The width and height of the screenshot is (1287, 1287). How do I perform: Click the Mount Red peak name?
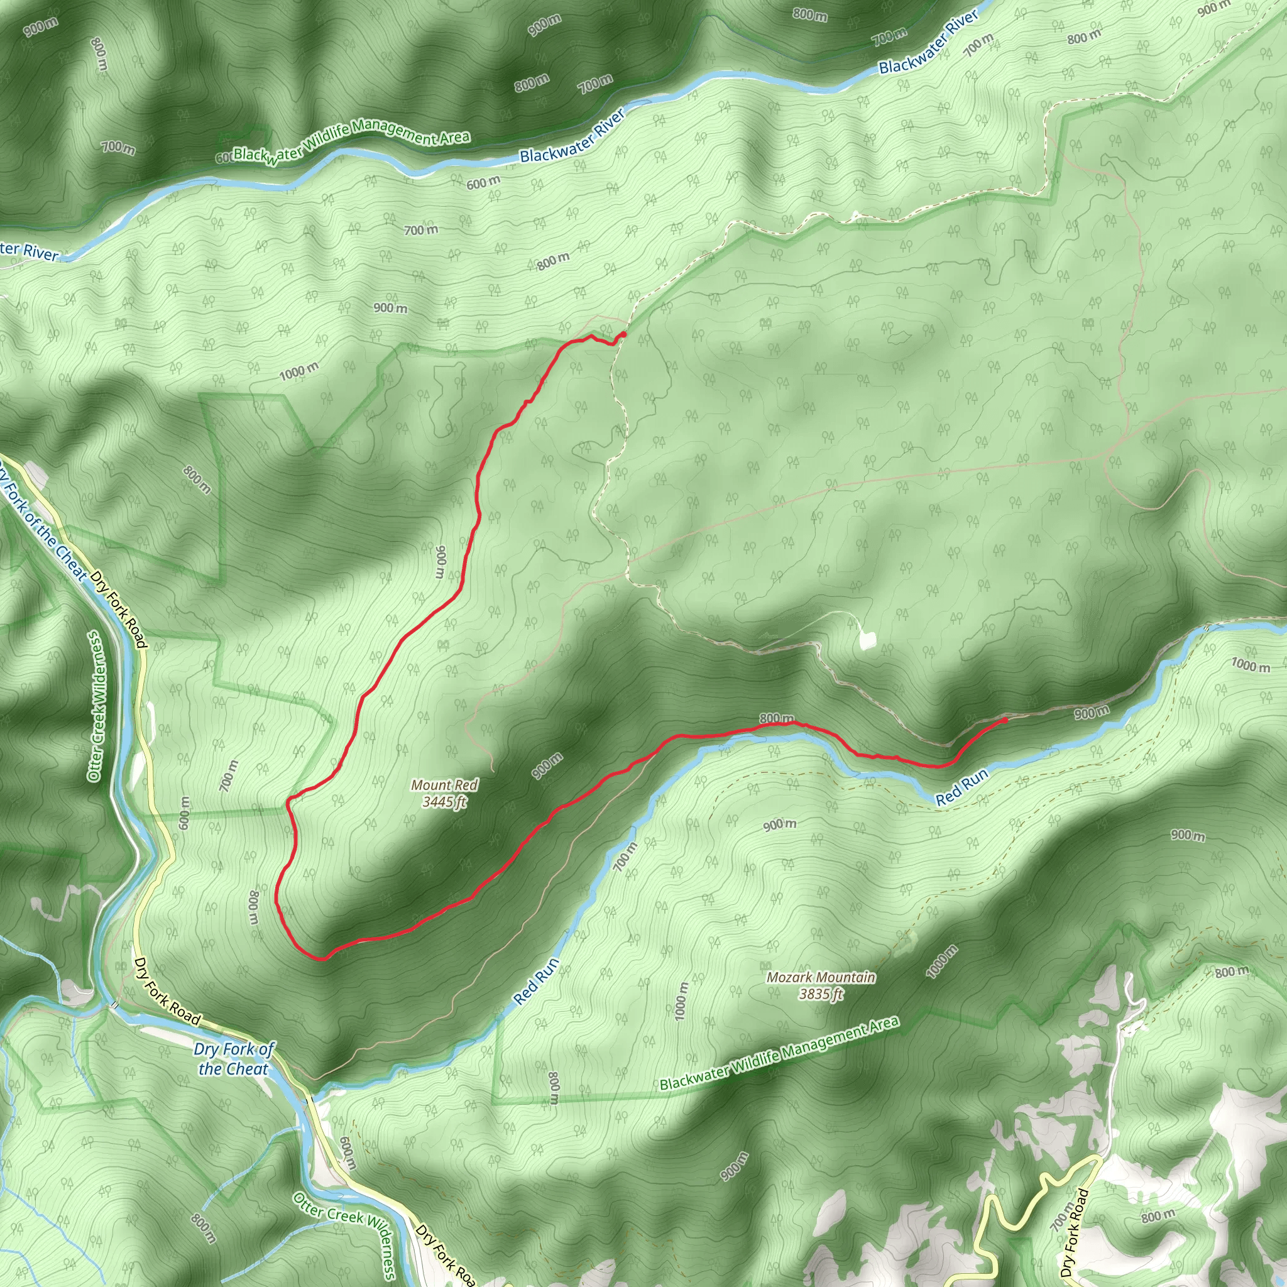point(444,786)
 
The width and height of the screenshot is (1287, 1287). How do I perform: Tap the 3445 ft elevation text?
point(444,802)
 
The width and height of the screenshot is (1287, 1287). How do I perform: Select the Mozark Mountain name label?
point(821,977)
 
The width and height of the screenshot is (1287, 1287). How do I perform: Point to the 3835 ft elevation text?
point(821,994)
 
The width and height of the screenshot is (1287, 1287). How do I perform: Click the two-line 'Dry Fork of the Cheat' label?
point(233,1059)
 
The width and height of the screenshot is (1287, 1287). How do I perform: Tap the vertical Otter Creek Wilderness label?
point(97,706)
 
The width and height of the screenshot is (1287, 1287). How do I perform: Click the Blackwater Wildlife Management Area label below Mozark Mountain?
point(779,1053)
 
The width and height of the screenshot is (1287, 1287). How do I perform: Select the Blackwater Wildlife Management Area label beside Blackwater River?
point(352,140)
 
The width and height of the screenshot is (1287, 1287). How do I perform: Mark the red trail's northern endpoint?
point(623,334)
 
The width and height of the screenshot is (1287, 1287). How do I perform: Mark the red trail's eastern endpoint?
point(1005,720)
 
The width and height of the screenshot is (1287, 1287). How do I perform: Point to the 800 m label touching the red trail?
point(777,719)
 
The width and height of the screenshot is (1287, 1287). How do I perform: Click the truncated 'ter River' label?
point(30,252)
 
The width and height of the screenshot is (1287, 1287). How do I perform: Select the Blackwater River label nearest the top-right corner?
point(929,42)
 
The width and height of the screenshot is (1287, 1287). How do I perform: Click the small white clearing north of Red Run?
point(867,640)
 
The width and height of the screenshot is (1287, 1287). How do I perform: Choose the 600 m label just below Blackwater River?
point(483,182)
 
